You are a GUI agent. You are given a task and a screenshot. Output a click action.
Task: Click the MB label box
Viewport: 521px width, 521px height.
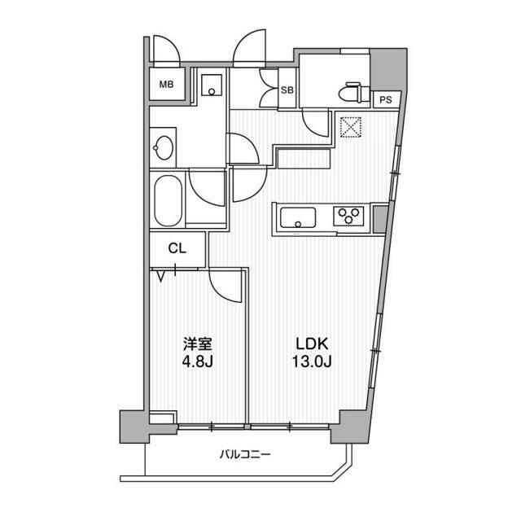166,84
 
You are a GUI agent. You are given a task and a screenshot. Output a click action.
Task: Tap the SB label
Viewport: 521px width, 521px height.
287,90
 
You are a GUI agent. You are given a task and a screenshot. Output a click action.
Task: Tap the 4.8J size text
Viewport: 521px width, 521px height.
198,361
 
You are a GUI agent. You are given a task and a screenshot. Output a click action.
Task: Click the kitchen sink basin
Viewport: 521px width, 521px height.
298,218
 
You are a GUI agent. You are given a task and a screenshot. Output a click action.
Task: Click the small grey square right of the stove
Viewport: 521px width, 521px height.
380,217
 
